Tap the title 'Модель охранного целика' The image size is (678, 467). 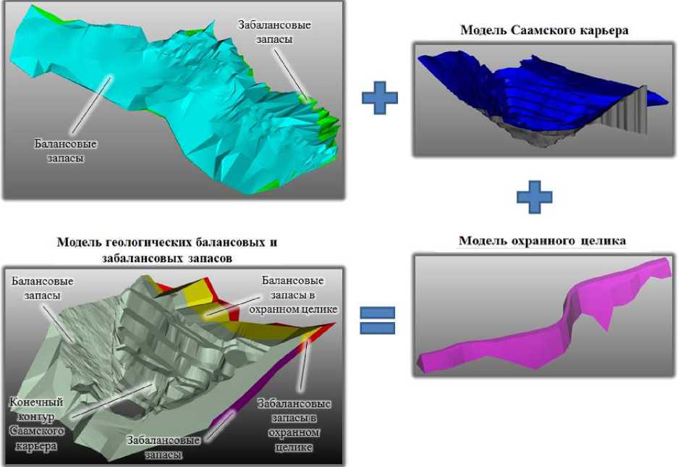click(x=542, y=240)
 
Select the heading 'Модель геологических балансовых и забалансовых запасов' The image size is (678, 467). click(x=167, y=248)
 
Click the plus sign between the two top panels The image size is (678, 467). click(x=379, y=98)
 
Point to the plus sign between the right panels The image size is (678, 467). click(x=534, y=197)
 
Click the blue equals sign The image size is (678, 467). click(x=378, y=321)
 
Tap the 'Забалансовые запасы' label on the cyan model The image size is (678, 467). click(x=274, y=32)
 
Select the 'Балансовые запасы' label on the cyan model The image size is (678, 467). click(x=66, y=151)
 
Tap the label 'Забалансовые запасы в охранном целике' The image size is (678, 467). click(x=294, y=425)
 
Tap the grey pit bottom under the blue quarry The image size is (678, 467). click(x=535, y=130)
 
